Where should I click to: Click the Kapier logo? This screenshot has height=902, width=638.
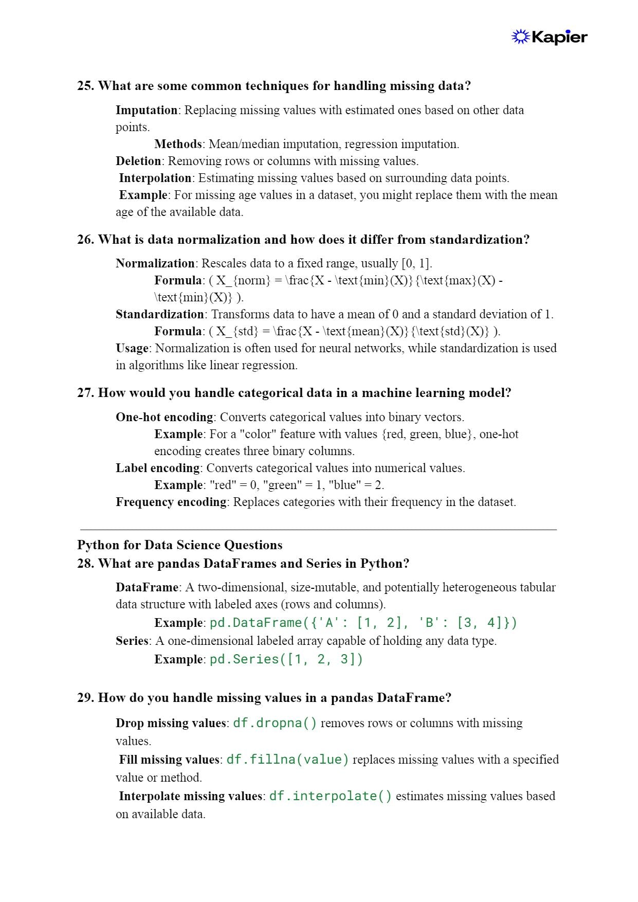(549, 37)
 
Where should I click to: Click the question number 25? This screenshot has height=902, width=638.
(85, 86)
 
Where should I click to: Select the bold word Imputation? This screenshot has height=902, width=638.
(147, 110)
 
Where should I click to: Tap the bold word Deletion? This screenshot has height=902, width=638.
(138, 161)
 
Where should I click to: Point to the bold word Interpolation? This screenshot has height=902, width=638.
(155, 178)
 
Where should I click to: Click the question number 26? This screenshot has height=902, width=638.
(85, 240)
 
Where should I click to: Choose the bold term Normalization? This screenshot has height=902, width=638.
(155, 263)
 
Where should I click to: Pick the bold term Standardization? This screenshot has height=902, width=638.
(160, 314)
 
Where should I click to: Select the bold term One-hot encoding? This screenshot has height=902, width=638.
(164, 417)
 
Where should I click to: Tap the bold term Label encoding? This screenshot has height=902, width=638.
(157, 468)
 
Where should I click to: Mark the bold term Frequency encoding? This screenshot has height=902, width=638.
(171, 502)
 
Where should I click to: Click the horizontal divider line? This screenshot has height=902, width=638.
(318, 529)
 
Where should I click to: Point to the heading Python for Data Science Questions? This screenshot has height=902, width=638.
(180, 545)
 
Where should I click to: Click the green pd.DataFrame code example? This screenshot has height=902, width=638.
(363, 623)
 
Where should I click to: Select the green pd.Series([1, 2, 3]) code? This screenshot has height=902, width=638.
(286, 659)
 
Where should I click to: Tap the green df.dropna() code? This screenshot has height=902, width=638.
(275, 723)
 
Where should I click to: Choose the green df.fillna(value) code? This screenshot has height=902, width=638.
(288, 760)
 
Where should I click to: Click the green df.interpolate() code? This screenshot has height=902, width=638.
(331, 796)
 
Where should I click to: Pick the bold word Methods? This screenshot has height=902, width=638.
(178, 144)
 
